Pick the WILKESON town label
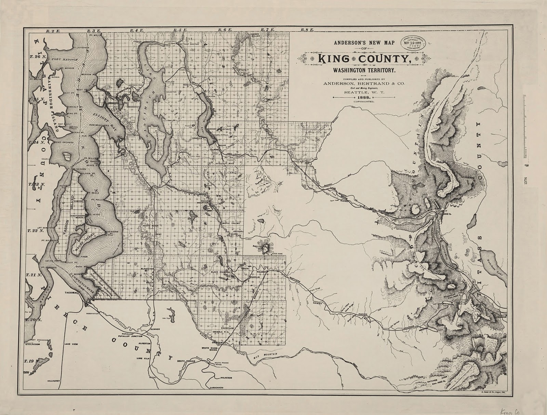(225, 378)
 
